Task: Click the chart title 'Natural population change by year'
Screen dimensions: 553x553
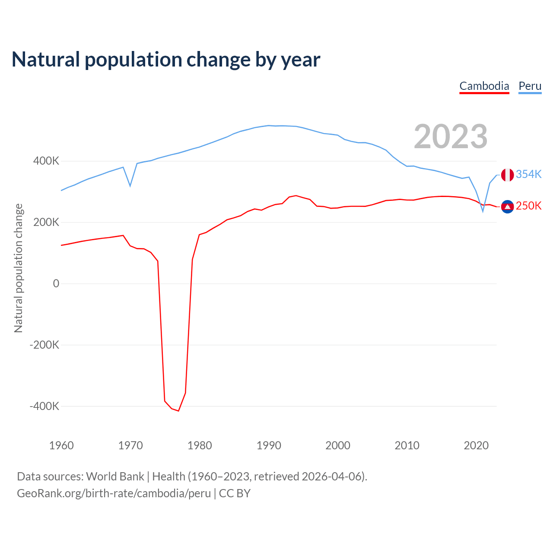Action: click(166, 60)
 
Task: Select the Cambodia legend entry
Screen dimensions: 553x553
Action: click(484, 86)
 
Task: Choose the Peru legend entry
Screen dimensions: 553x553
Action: click(530, 86)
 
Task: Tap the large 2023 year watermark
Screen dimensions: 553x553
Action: click(451, 137)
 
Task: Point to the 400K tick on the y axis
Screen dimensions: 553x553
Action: click(46, 161)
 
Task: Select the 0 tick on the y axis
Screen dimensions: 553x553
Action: click(56, 283)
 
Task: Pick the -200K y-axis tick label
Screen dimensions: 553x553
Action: click(44, 345)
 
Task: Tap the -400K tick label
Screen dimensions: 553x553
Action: click(44, 406)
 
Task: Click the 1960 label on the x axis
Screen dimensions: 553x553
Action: click(61, 445)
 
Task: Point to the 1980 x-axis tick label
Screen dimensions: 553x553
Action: click(200, 445)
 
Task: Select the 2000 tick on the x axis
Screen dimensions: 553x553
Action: click(338, 445)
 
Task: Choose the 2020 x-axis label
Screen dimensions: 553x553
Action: click(476, 445)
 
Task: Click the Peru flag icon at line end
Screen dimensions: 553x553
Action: click(507, 175)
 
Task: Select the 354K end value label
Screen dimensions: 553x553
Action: click(529, 174)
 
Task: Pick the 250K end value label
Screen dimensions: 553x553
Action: click(529, 206)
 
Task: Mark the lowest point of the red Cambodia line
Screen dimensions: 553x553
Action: click(178, 411)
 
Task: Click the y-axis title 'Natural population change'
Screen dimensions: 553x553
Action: click(18, 268)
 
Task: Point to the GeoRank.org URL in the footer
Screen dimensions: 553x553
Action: click(114, 493)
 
